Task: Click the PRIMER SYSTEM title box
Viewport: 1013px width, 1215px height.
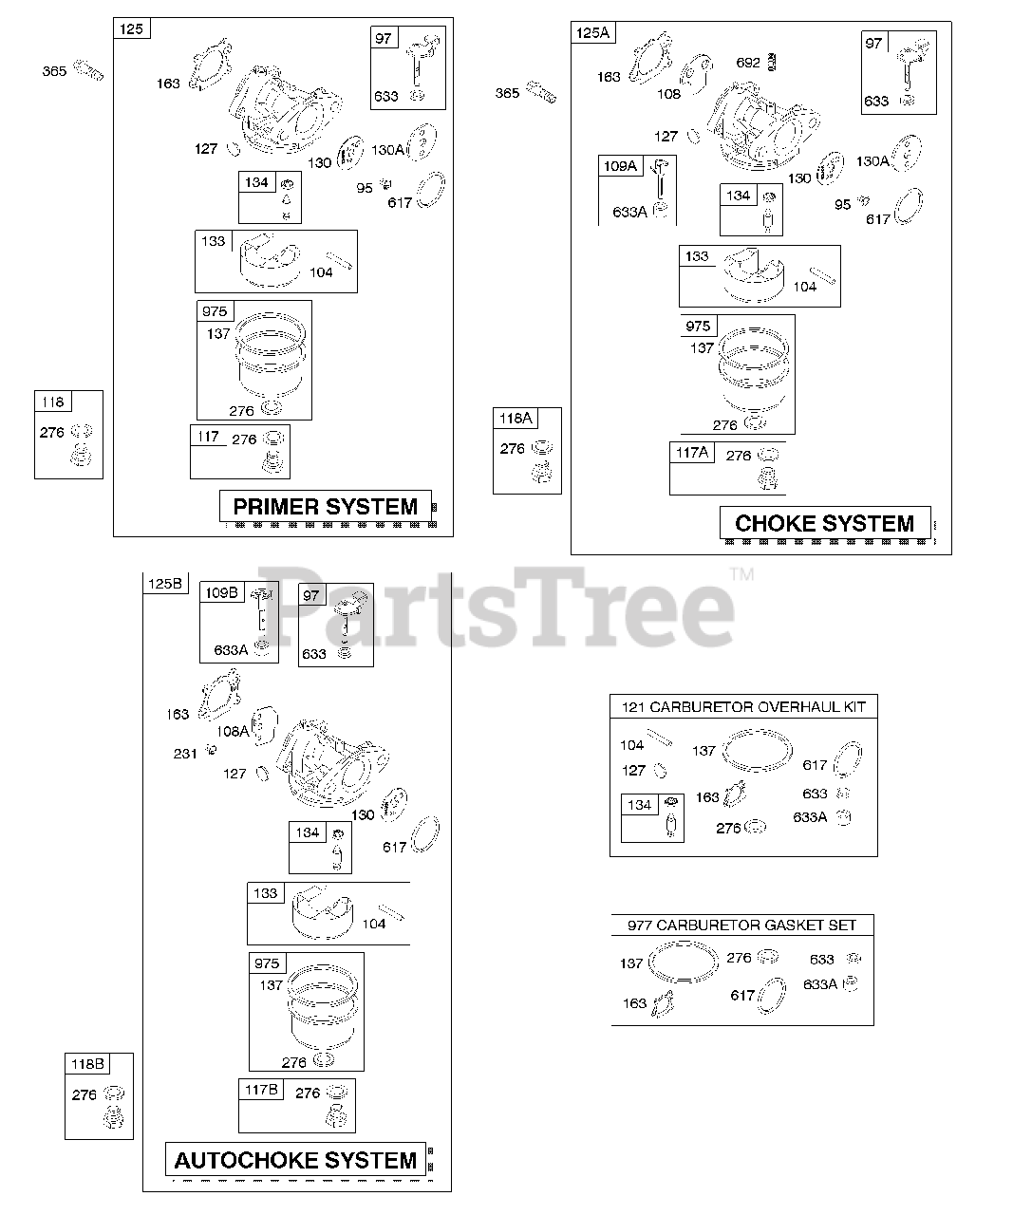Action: (x=325, y=506)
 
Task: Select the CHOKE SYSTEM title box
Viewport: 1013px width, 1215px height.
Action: (x=824, y=523)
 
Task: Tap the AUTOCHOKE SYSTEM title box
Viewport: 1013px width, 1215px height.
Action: (x=295, y=1160)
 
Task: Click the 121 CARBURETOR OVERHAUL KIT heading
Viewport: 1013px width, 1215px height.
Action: (x=743, y=706)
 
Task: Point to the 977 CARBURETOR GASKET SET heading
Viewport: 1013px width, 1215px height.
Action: (x=741, y=925)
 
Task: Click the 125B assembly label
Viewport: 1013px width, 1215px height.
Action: (x=164, y=584)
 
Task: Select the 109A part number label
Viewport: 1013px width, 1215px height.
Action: (x=620, y=166)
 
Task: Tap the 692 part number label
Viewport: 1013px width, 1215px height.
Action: (x=748, y=63)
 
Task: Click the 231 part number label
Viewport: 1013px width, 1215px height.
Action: (x=186, y=754)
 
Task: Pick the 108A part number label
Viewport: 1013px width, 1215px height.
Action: (x=233, y=731)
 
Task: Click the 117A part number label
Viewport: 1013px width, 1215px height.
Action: (x=691, y=453)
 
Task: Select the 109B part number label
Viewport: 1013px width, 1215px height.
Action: (x=220, y=592)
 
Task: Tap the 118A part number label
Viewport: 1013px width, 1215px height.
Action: (x=516, y=419)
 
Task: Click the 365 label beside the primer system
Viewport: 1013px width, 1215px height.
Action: (x=55, y=70)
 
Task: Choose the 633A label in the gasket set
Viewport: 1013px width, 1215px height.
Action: (x=820, y=984)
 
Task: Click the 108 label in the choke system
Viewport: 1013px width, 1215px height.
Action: (x=668, y=94)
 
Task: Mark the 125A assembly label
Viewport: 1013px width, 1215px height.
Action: (x=593, y=33)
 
